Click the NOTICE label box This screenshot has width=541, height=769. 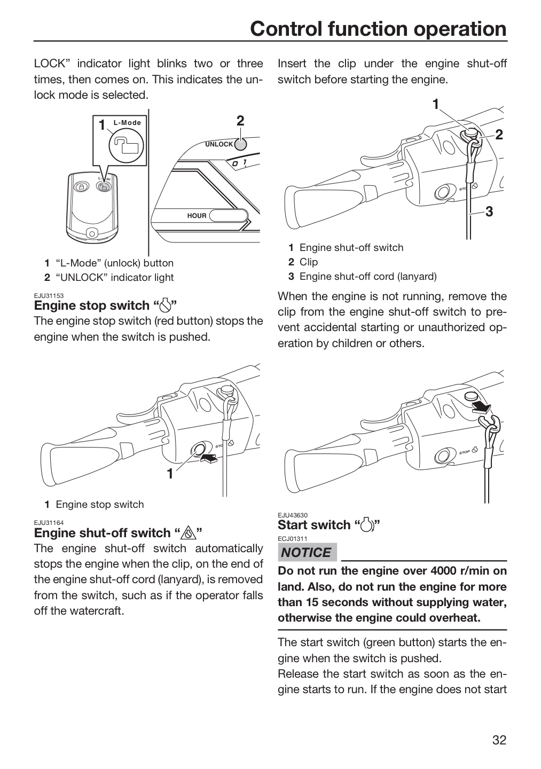(307, 552)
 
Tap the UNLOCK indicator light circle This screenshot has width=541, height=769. (240, 145)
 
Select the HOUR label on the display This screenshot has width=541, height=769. (197, 216)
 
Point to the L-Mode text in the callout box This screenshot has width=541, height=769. (127, 123)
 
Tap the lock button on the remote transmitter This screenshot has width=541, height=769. (82, 186)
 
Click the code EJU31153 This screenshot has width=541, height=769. (49, 296)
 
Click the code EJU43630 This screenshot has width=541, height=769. (293, 515)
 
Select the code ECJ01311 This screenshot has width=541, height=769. (293, 539)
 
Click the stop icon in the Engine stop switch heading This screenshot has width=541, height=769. (165, 305)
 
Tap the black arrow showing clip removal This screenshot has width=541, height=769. (482, 409)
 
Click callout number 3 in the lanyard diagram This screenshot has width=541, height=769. (489, 211)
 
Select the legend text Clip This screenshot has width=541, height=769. (309, 262)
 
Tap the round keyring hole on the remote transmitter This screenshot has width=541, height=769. (91, 234)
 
